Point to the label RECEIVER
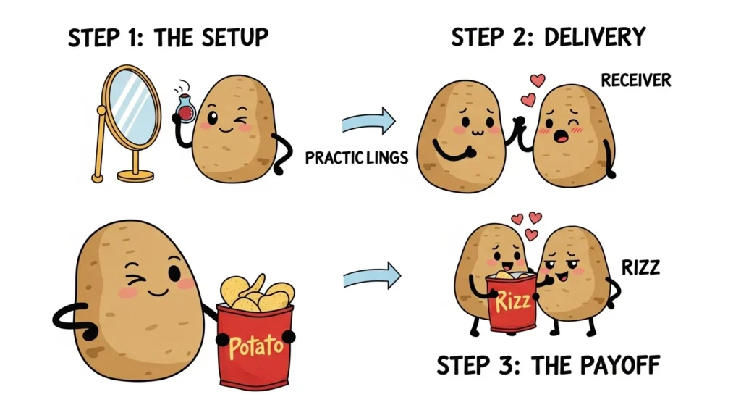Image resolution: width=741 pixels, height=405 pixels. pos(635,80)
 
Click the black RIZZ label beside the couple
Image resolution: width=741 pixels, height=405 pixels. pos(640,268)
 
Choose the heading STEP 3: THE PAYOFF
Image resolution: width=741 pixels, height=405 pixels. pos(548,366)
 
